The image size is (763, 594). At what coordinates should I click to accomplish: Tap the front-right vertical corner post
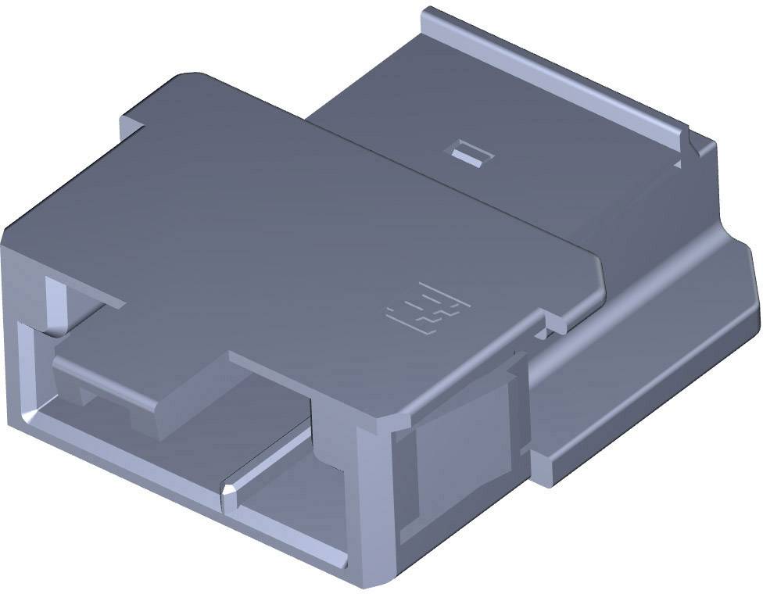[x=375, y=500]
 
